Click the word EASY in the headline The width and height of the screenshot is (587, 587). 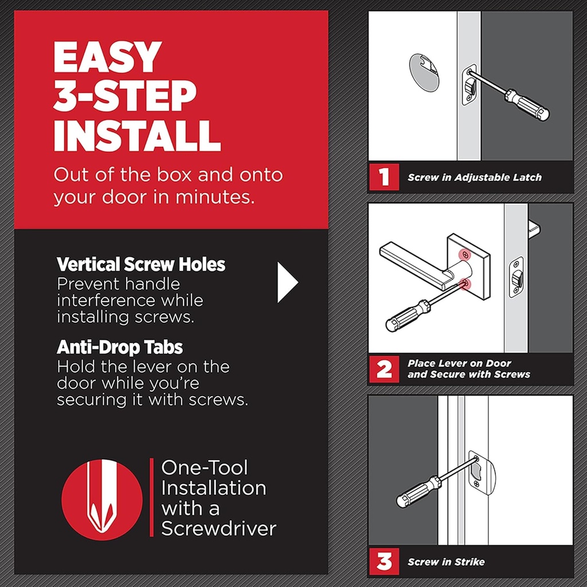pyautogui.click(x=108, y=57)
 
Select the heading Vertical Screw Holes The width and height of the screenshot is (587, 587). pyautogui.click(x=141, y=264)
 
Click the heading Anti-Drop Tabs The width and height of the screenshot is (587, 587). pyautogui.click(x=120, y=347)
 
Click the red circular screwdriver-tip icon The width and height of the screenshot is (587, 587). pyautogui.click(x=102, y=499)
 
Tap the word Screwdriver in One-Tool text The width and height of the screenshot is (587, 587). pyautogui.click(x=218, y=528)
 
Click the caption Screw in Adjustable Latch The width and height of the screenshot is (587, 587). pyautogui.click(x=474, y=178)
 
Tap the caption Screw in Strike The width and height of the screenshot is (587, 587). pyautogui.click(x=446, y=562)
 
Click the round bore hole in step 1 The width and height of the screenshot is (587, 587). pyautogui.click(x=424, y=72)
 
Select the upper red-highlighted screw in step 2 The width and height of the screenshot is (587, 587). pyautogui.click(x=465, y=254)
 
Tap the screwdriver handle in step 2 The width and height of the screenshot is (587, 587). pyautogui.click(x=408, y=316)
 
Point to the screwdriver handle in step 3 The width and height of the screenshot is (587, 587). pyautogui.click(x=418, y=492)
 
